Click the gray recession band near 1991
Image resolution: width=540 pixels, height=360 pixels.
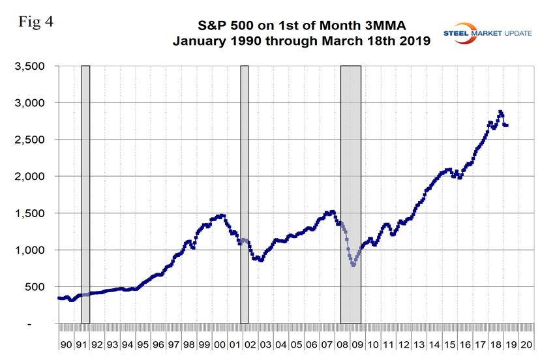pyautogui.click(x=85, y=196)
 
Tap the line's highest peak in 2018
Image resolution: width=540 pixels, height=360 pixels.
pyautogui.click(x=500, y=112)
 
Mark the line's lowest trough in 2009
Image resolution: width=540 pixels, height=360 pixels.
pyautogui.click(x=353, y=265)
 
